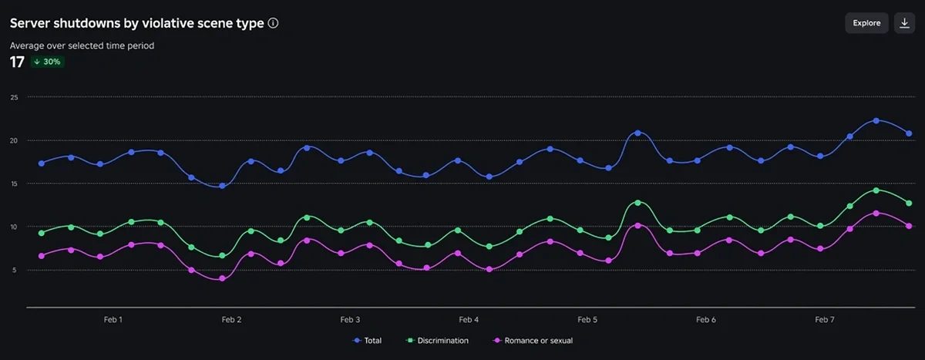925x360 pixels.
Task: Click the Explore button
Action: tap(866, 23)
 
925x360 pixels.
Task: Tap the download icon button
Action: tap(904, 23)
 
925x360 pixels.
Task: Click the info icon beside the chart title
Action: tap(273, 23)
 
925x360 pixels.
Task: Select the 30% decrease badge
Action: tap(48, 62)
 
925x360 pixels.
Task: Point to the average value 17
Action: tap(17, 62)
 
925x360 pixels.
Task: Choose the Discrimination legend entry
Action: tap(439, 340)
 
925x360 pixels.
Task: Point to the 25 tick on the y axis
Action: tap(14, 97)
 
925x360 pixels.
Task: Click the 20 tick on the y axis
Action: tap(14, 140)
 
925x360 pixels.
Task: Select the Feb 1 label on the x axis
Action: tap(113, 319)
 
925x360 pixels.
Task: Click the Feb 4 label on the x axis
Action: tap(469, 319)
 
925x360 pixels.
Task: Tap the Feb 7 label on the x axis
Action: tap(824, 319)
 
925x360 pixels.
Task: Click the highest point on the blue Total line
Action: tap(876, 121)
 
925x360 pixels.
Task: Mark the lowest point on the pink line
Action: tap(222, 278)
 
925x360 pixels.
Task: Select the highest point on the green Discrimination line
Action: tap(876, 190)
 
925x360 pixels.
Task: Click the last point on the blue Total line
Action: tap(909, 133)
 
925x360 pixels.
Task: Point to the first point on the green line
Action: tap(42, 233)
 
